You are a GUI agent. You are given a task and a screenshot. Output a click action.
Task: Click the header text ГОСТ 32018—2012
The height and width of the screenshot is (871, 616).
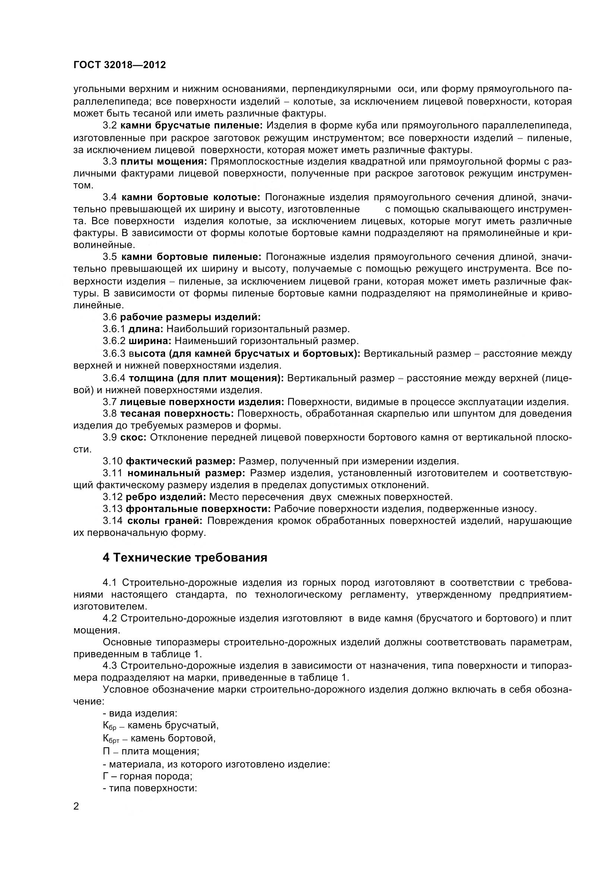coord(120,65)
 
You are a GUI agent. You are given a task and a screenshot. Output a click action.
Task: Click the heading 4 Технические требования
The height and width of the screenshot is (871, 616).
coord(185,557)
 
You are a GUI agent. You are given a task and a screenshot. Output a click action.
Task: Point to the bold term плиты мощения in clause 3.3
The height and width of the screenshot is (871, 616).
coord(164,162)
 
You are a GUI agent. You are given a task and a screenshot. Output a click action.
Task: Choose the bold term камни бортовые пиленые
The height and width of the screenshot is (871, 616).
coord(191,257)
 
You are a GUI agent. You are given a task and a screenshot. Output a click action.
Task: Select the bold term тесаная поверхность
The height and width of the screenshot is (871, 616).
coord(177,413)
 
